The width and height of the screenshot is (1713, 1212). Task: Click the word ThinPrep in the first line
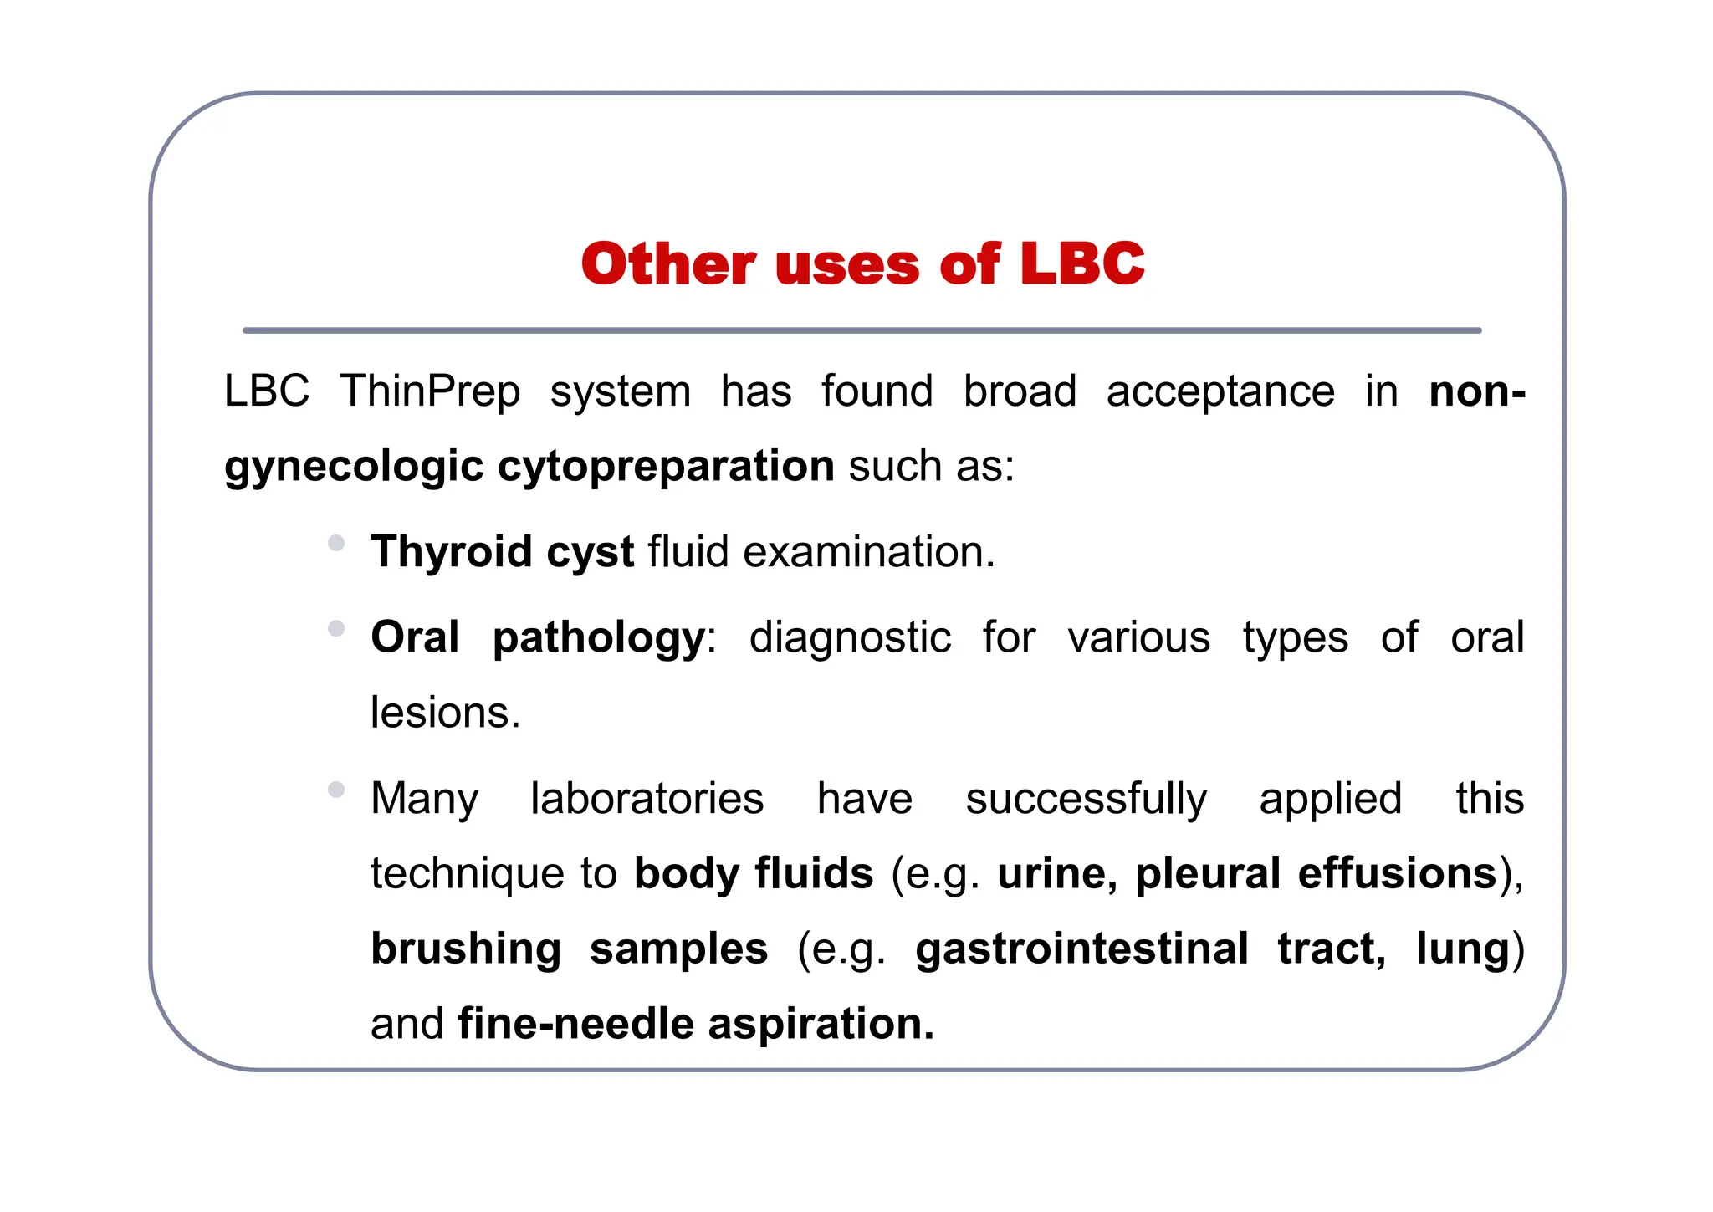[x=430, y=391]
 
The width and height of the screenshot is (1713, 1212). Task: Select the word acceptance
[x=1220, y=391]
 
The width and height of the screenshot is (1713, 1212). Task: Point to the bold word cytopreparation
[x=666, y=466]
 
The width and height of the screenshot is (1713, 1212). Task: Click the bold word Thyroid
[x=452, y=552]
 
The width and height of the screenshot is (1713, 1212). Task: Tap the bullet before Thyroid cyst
[x=336, y=543]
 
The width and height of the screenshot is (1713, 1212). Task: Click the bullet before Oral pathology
[x=336, y=629]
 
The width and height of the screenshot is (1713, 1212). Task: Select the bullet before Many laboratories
[x=336, y=790]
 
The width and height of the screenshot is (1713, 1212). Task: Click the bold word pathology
[x=599, y=638]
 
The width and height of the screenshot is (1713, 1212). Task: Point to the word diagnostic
[x=850, y=638]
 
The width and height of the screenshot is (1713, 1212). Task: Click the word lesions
[x=445, y=713]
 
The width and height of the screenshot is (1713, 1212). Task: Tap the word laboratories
[x=647, y=799]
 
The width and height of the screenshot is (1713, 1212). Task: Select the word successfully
[x=1086, y=799]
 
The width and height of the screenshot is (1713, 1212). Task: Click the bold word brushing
[x=466, y=949]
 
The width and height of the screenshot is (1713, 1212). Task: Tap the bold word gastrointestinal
[x=1081, y=949]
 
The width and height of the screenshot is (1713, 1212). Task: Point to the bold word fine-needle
[x=575, y=1025]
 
